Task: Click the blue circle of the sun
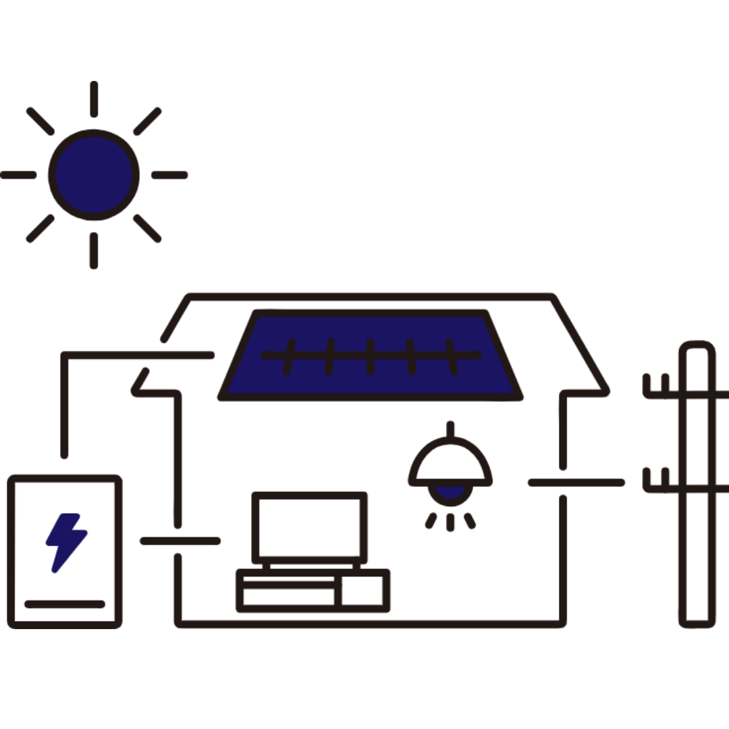tap(94, 175)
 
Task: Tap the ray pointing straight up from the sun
tap(94, 99)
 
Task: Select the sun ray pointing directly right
tap(169, 175)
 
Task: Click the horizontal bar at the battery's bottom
tap(65, 604)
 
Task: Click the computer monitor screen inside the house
tap(309, 526)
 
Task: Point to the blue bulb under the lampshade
tap(450, 493)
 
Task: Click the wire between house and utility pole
tap(577, 482)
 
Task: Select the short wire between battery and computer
tap(180, 540)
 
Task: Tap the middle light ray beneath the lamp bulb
tap(450, 522)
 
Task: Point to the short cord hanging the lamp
tap(450, 429)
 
